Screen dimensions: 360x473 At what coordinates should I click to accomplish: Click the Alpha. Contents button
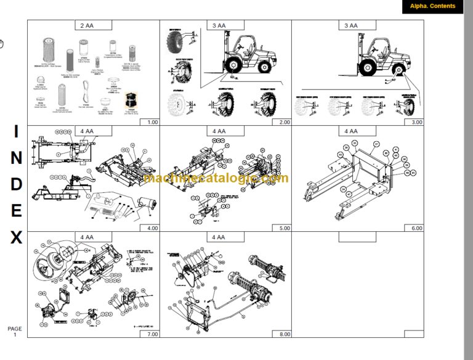click(x=432, y=7)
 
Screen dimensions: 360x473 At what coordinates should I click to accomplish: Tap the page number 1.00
click(x=152, y=122)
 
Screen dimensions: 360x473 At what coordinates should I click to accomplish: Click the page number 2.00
click(x=284, y=122)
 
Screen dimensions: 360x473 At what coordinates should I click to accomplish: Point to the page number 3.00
click(x=417, y=122)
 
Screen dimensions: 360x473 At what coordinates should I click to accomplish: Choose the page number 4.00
click(x=152, y=228)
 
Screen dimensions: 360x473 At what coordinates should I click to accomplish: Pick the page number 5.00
click(x=284, y=228)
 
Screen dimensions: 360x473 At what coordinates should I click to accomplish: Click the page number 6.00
click(x=417, y=228)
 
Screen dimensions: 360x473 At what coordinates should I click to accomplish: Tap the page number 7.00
click(x=152, y=334)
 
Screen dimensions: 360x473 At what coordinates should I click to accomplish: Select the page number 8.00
click(x=284, y=334)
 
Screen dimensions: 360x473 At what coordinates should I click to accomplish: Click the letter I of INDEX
click(x=16, y=131)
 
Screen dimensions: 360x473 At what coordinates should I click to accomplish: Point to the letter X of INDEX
click(x=16, y=237)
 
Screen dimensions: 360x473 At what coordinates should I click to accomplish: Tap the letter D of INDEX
click(x=16, y=184)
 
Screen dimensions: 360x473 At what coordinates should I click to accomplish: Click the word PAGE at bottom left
click(x=14, y=329)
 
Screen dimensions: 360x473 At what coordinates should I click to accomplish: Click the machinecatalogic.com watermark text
click(x=215, y=178)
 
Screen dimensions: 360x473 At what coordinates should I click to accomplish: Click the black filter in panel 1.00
click(x=130, y=100)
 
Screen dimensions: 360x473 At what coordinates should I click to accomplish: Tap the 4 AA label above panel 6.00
click(x=351, y=131)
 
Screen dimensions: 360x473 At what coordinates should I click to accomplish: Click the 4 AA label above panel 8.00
click(x=219, y=237)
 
